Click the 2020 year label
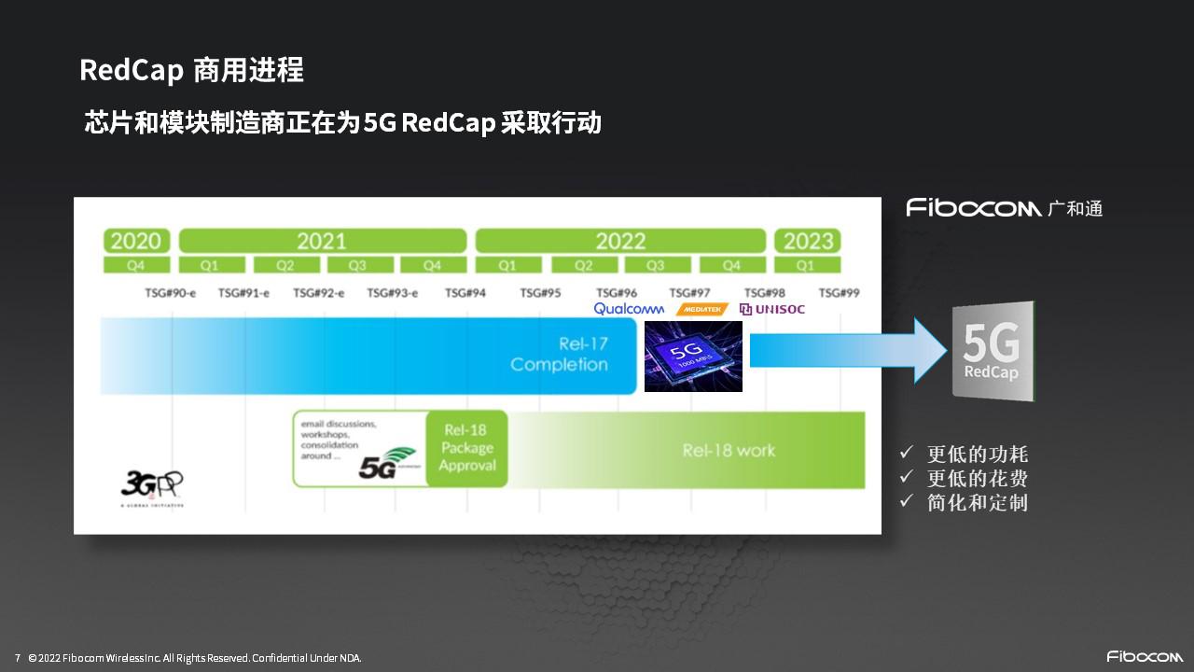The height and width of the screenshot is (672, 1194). coord(136,241)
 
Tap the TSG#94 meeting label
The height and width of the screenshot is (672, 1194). coord(465,293)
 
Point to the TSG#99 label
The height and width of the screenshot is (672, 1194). coord(839,293)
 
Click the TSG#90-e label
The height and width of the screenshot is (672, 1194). coord(170,293)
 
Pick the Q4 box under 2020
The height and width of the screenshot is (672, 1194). coord(136,265)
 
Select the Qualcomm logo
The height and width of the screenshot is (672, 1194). coord(629,309)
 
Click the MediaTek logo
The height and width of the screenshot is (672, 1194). coord(701,309)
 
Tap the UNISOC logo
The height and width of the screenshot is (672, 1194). coord(772,309)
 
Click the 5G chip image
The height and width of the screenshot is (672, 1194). coord(693,356)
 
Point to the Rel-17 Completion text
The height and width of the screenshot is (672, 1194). coord(559,355)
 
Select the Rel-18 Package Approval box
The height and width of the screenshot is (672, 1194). coord(466,449)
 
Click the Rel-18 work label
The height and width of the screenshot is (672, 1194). coord(729,450)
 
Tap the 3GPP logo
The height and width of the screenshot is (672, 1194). coord(152,484)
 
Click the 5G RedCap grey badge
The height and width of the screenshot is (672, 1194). coord(993,351)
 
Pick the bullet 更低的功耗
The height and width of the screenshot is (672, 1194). coord(977,455)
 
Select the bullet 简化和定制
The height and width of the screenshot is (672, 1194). coord(977,503)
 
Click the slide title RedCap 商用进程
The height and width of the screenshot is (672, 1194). coord(191,70)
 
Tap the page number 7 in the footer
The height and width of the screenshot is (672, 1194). coord(17,658)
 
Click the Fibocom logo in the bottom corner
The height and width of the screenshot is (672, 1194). coord(1139,656)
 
